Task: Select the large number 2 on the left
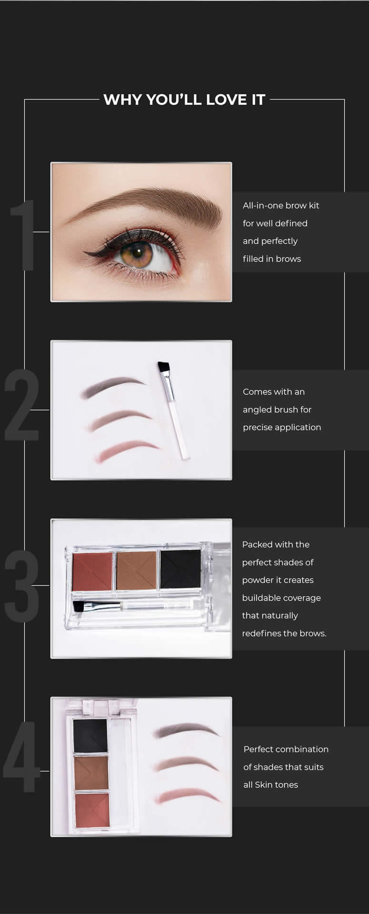coord(22,404)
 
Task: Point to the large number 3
coord(22,585)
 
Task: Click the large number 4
coord(22,757)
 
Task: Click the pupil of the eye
coord(139,251)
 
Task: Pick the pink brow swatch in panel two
coord(128,451)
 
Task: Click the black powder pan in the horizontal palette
coord(180,569)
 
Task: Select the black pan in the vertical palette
coord(90,736)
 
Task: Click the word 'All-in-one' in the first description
coord(263,205)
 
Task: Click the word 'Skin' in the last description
coord(263,785)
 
